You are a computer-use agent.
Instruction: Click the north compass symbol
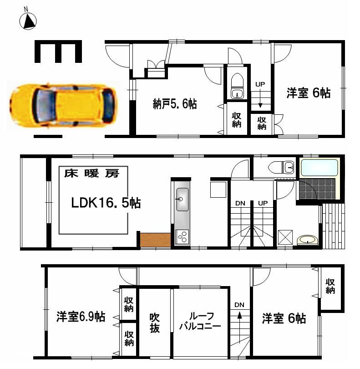pyautogui.click(x=29, y=20)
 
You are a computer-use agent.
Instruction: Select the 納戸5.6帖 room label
pyautogui.click(x=175, y=104)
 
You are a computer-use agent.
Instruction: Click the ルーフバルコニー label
pyautogui.click(x=200, y=322)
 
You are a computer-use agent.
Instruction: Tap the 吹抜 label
pyautogui.click(x=155, y=322)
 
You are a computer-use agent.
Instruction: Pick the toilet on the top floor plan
pyautogui.click(x=237, y=86)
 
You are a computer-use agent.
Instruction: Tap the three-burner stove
pyautogui.click(x=182, y=237)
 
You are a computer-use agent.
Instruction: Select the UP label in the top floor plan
pyautogui.click(x=260, y=84)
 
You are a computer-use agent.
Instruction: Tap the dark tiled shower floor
pyautogui.click(x=316, y=190)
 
